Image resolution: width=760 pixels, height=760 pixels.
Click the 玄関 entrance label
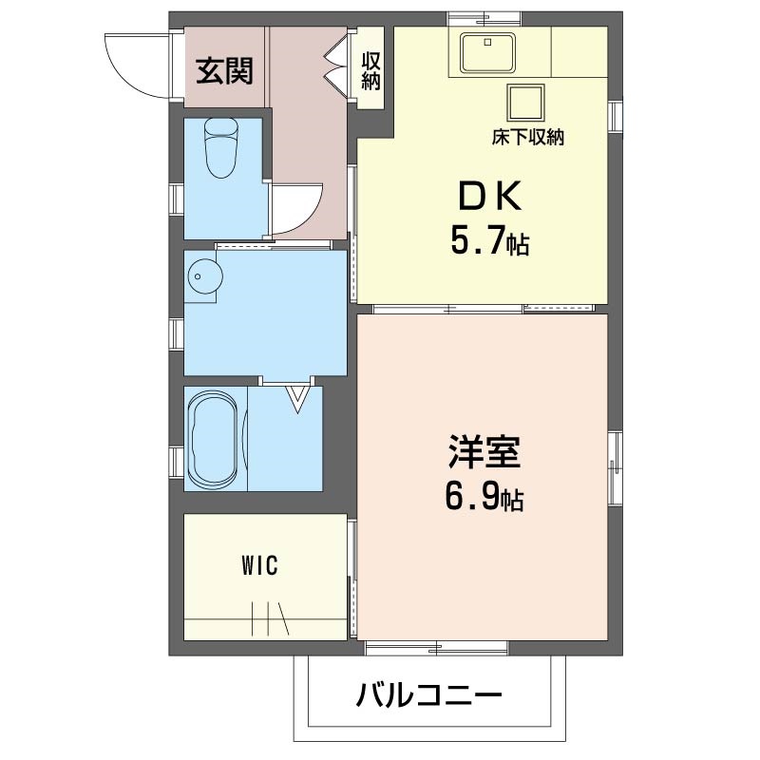point(224,70)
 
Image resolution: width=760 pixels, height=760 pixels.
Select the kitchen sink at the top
point(487,52)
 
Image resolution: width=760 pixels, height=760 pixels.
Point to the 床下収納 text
point(528,138)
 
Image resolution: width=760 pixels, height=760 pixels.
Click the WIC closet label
point(258,567)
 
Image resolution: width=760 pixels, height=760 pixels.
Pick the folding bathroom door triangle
point(299,396)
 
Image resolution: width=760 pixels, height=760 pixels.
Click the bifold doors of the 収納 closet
point(337,61)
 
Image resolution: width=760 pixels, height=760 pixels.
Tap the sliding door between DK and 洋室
point(484,308)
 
